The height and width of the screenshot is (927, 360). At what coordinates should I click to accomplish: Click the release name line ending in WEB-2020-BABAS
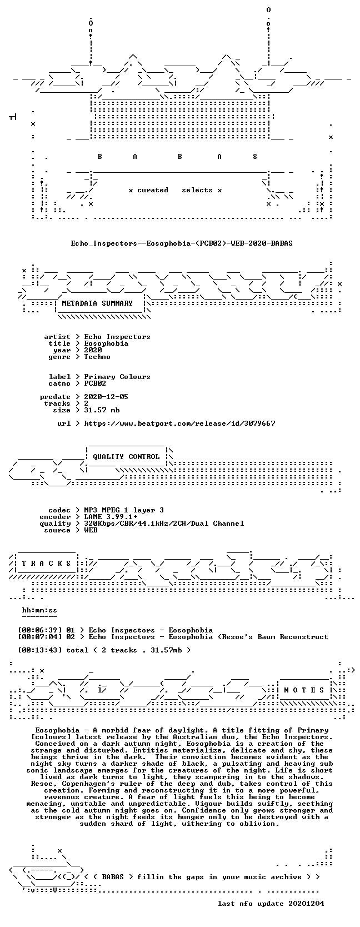coord(182,243)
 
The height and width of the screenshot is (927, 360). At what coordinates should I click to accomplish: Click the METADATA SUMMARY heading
coord(97,303)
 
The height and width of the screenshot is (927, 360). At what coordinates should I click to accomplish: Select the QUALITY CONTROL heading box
coord(126,456)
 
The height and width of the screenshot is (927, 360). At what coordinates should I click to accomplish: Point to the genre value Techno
coord(97,357)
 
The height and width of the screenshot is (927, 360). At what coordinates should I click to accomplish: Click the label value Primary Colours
coord(117,377)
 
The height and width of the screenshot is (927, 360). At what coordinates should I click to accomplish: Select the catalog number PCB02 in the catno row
coord(95,383)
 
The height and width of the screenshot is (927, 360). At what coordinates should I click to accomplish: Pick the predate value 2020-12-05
coord(106,396)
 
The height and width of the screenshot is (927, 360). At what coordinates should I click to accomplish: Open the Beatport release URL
coord(179,423)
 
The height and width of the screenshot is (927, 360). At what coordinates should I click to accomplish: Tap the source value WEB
coord(91,530)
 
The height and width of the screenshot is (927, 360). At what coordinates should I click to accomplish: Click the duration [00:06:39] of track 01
coord(40,630)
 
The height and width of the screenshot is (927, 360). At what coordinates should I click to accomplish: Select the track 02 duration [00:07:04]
coord(40,637)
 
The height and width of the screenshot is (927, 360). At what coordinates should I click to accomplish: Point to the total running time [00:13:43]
coord(40,650)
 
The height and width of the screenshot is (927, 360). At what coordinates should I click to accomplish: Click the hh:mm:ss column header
coord(40,610)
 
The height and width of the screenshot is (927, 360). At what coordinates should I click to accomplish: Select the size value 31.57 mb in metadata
coord(102,410)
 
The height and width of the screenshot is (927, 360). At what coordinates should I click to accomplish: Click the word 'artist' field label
coord(57,337)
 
